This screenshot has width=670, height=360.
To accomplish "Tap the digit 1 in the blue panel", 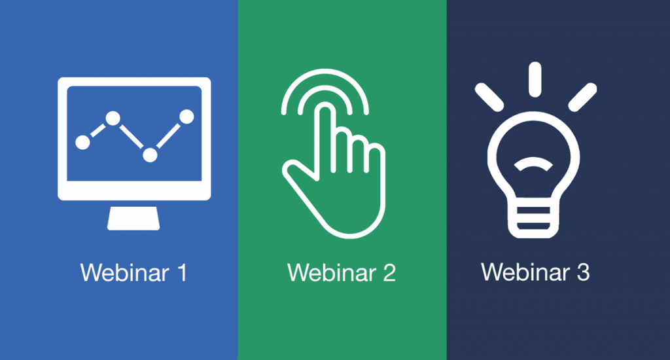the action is coord(183,272).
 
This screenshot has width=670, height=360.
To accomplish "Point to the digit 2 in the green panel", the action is coord(389,272).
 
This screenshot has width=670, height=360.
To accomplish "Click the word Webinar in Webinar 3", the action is coord(525,272).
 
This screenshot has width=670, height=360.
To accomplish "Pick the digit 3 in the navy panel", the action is coord(583,272).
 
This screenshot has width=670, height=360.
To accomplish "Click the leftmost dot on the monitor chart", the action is coord(83,143).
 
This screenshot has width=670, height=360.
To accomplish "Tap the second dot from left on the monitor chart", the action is coord(113,118).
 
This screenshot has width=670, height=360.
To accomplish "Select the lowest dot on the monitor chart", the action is coord(150,154).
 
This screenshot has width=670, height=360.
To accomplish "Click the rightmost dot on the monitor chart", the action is coord(186,117).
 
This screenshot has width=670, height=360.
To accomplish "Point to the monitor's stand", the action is coord(133,219).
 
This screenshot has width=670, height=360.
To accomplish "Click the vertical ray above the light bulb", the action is coord(535,79).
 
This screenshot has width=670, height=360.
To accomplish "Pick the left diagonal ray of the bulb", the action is coord(489,98).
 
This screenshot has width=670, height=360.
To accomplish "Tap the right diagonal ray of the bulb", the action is coord(582,98).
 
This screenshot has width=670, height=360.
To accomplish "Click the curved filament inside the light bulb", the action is coord(533,164).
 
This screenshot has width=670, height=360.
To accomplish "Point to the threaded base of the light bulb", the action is coord(533,221).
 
